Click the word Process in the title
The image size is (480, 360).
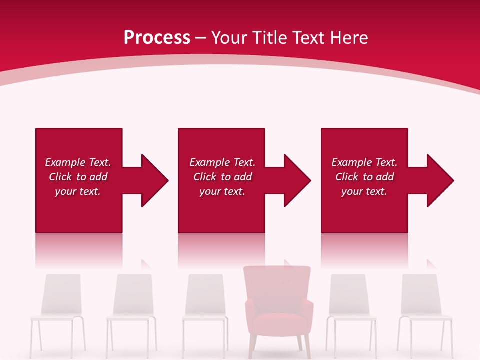157,38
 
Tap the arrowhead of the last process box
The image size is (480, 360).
439,180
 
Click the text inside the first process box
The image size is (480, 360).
78,177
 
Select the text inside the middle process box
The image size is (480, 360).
222,177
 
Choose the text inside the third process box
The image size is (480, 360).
364,177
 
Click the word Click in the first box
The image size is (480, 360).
60,177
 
